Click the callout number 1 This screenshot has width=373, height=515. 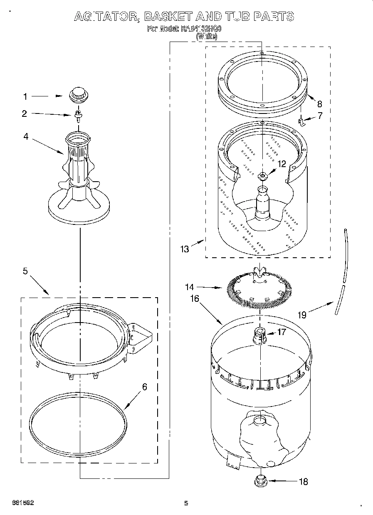(25, 97)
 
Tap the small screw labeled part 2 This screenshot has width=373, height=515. (77, 115)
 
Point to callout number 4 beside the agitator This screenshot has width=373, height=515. (26, 136)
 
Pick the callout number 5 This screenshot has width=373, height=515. (25, 271)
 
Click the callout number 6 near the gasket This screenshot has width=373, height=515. (144, 387)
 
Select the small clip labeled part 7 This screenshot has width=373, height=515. (301, 121)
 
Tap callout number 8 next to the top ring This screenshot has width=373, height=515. (319, 103)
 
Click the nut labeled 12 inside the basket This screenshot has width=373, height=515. (262, 176)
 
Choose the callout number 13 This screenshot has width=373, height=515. (184, 249)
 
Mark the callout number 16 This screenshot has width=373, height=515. (194, 298)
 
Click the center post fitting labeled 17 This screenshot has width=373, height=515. (259, 335)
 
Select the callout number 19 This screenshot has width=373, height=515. (302, 315)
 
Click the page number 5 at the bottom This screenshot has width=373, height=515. (186, 503)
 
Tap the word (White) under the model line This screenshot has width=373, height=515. (207, 37)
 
